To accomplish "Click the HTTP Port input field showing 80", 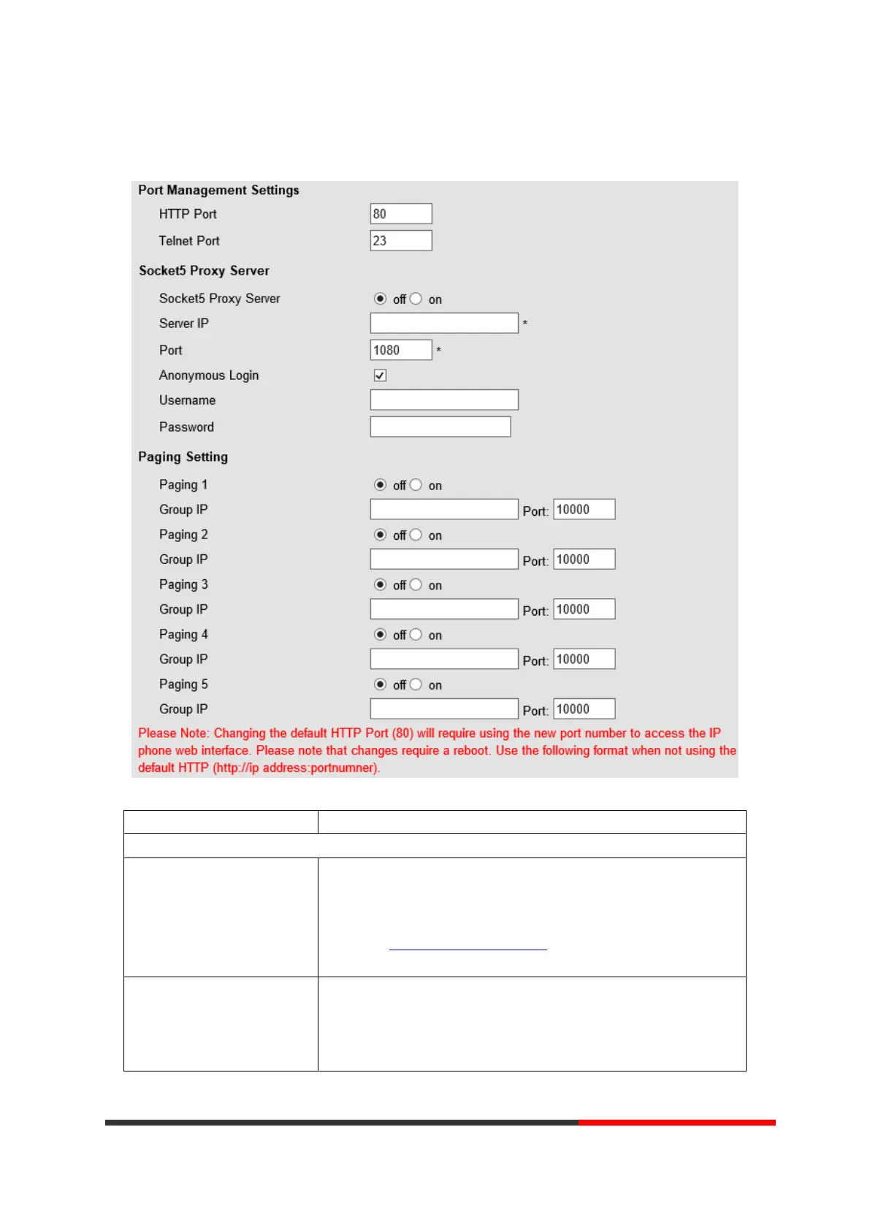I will (x=401, y=214).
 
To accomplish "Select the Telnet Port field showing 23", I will (x=401, y=240).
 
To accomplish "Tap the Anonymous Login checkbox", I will (x=380, y=375).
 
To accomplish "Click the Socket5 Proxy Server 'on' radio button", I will (x=416, y=299).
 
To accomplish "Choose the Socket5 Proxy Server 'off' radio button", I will (x=380, y=299).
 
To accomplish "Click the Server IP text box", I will (x=444, y=323).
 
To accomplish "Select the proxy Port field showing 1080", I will (x=401, y=350).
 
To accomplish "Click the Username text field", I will (x=444, y=400).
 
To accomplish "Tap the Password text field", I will (x=440, y=427).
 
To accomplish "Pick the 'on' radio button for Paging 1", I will (x=416, y=485).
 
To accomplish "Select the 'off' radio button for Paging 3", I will (x=380, y=584).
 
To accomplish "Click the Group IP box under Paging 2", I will (x=444, y=559).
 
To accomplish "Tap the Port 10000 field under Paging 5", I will (x=584, y=709).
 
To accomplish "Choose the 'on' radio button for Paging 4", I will (x=416, y=635).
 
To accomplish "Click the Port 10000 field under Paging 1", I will (x=584, y=509).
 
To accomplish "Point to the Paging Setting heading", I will (x=183, y=457).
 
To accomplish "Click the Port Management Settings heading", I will (x=218, y=190).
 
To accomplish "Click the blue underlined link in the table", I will (x=468, y=948).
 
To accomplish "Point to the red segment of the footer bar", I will (x=676, y=1123).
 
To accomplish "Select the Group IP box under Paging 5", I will (x=444, y=709).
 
